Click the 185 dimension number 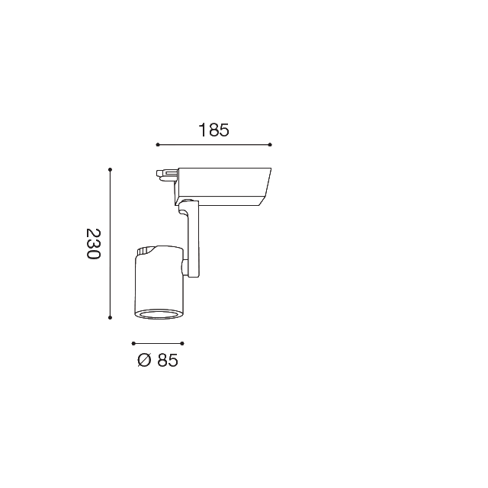coord(213,130)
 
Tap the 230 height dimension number coord(93,243)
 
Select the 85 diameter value coord(167,361)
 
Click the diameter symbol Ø coord(145,361)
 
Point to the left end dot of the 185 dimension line coord(156,144)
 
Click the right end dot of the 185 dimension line coord(271,144)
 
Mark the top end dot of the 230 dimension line coord(111,169)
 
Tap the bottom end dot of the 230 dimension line coord(111,316)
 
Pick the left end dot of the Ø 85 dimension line coord(133,344)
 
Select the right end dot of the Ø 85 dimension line coord(183,344)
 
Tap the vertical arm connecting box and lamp coord(192,240)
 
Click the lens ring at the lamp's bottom coord(158,313)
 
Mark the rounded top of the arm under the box coord(189,204)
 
